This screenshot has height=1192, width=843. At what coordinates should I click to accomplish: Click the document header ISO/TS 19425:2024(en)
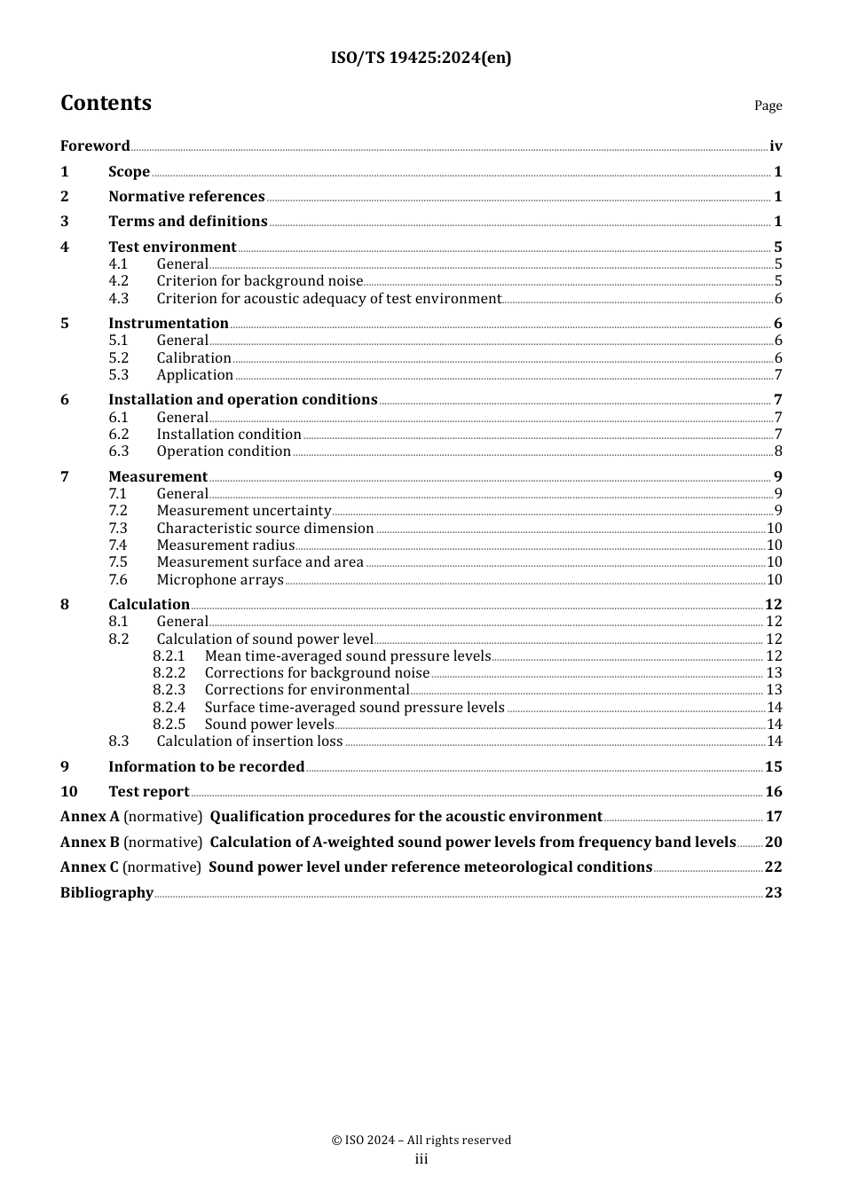pyautogui.click(x=421, y=58)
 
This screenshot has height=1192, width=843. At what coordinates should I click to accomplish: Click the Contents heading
pyautogui.click(x=106, y=103)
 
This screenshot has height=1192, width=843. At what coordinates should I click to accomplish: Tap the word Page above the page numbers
pyautogui.click(x=768, y=106)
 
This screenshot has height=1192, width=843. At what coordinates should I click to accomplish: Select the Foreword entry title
pyautogui.click(x=95, y=146)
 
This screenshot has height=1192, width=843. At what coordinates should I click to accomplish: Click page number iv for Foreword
pyautogui.click(x=776, y=146)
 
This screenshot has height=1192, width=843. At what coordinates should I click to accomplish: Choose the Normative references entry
pyautogui.click(x=186, y=197)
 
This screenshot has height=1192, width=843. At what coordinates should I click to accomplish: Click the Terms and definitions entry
pyautogui.click(x=187, y=222)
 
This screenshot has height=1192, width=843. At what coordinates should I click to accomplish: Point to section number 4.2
pyautogui.click(x=118, y=281)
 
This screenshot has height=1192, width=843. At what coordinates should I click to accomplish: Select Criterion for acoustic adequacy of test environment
pyautogui.click(x=328, y=299)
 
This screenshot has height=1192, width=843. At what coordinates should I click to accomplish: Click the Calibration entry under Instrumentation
pyautogui.click(x=193, y=358)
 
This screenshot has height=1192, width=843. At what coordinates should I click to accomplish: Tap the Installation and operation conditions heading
pyautogui.click(x=242, y=400)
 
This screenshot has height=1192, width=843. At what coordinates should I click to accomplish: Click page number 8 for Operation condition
pyautogui.click(x=778, y=451)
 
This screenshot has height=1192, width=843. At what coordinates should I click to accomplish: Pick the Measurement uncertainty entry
pyautogui.click(x=243, y=511)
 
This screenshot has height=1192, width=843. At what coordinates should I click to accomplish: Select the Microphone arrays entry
pyautogui.click(x=220, y=580)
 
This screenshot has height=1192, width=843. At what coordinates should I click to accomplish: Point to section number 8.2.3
pyautogui.click(x=169, y=690)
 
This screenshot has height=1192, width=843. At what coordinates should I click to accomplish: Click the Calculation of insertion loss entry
pyautogui.click(x=249, y=741)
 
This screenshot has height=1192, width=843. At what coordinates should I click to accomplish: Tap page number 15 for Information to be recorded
pyautogui.click(x=773, y=767)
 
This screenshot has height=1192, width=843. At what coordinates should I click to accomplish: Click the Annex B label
pyautogui.click(x=90, y=843)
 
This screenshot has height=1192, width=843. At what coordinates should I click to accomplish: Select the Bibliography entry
pyautogui.click(x=106, y=893)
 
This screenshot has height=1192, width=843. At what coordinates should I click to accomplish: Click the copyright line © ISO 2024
pyautogui.click(x=421, y=1141)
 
